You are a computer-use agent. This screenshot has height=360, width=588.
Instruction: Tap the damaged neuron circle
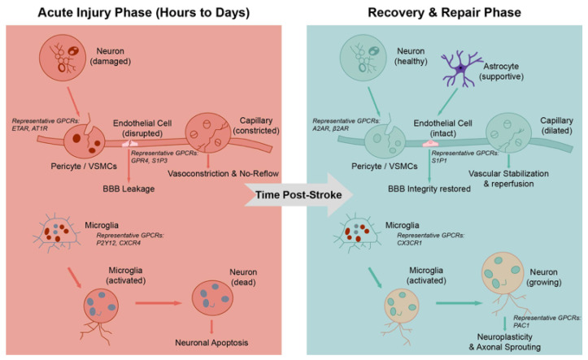pos(63,58)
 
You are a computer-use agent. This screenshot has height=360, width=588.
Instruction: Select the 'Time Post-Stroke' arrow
pos(299,195)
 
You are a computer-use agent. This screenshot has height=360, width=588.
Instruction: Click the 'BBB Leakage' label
pos(128,189)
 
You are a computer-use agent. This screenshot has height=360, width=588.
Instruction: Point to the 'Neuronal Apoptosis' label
pos(211,342)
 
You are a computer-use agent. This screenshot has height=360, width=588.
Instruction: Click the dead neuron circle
pos(212,297)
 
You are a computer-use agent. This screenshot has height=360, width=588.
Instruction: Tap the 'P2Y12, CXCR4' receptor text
pos(119,243)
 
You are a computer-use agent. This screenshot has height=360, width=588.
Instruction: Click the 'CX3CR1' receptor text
pos(410,243)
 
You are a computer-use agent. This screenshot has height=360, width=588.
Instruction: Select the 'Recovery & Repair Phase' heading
pos(444,12)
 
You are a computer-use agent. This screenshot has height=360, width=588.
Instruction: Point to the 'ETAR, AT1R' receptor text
pos(30,128)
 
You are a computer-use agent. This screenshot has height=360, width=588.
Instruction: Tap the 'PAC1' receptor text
pos(521,325)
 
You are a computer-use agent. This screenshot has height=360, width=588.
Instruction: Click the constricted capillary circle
pos(208,133)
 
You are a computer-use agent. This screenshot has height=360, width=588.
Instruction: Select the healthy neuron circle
pos(363,58)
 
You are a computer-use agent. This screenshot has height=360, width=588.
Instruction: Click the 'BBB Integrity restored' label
pos(429,189)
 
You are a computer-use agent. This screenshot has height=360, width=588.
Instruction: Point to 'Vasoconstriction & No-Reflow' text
pos(223,173)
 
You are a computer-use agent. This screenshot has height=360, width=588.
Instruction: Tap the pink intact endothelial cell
pos(430,143)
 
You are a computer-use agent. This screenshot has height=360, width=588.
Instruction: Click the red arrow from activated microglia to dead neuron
pos(159,302)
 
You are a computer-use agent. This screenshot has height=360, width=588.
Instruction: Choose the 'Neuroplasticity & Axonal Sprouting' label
pos(505,342)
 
